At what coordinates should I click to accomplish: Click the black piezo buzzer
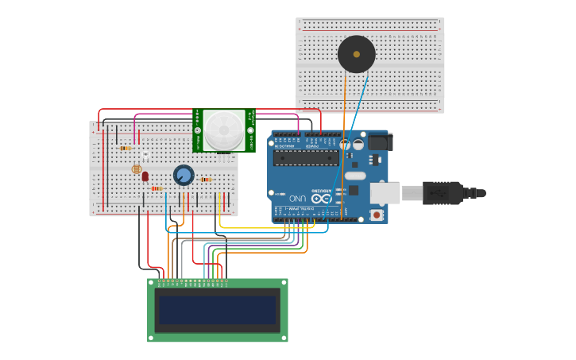pos(356,54)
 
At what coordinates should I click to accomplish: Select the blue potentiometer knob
pos(184,176)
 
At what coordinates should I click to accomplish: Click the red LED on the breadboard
pos(145,176)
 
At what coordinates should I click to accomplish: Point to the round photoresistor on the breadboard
pos(136,169)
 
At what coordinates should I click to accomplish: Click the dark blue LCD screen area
pos(217,310)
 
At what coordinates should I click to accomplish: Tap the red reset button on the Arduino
pos(376,215)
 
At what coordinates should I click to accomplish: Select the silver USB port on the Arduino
pos(385,193)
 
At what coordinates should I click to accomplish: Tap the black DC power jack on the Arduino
pos(378,142)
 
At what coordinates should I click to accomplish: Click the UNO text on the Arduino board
pos(297,197)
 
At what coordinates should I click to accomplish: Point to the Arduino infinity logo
pos(320,198)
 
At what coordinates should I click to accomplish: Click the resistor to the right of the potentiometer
pos(207,180)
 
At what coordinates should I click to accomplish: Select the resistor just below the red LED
pos(157,188)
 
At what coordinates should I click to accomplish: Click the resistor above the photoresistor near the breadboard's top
pos(125,148)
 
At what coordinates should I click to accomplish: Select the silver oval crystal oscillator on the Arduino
pos(355,176)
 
